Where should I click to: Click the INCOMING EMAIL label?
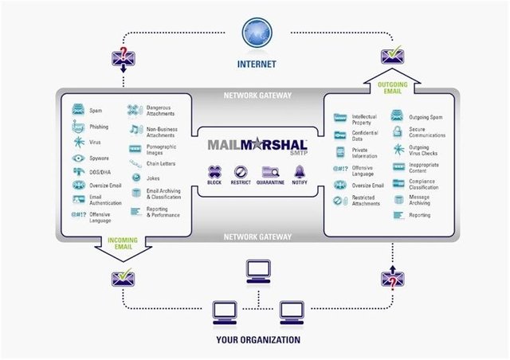coord(124,243)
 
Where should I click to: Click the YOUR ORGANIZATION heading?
coord(257,340)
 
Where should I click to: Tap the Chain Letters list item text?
coord(161,163)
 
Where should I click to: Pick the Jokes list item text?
coord(154,178)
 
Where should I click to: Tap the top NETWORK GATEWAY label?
coord(257,96)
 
